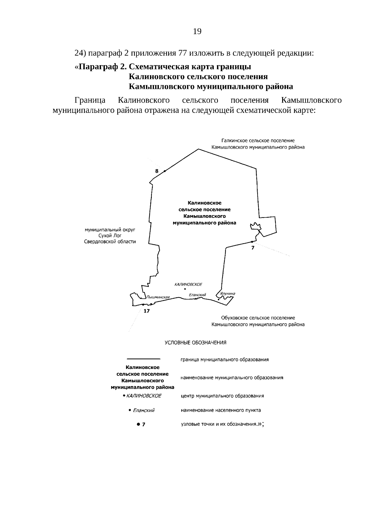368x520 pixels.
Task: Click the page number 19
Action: point(197,31)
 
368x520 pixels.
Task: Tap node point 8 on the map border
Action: point(165,171)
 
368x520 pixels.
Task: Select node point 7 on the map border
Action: point(252,242)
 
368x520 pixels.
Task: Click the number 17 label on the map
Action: point(147,311)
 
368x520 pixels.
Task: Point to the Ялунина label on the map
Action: point(228,294)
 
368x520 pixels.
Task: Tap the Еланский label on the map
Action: point(197,295)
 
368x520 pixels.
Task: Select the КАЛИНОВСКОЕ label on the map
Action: point(188,284)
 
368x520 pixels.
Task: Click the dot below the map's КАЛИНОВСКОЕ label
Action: point(185,289)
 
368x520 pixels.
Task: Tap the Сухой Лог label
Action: point(110,235)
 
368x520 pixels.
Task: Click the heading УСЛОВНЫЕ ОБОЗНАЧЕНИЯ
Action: point(196,343)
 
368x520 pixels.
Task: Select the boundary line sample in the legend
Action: point(144,359)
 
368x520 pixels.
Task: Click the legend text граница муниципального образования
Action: point(225,359)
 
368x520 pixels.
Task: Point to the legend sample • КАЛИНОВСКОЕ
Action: point(142,396)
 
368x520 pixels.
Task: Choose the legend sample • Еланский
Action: point(142,410)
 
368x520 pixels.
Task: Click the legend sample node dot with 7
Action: point(141,424)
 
